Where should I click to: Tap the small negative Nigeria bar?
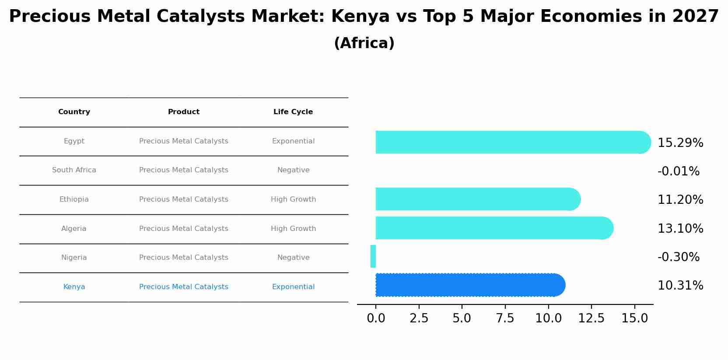point(373,256)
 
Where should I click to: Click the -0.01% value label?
point(679,171)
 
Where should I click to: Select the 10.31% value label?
point(680,286)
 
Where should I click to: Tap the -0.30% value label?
point(679,257)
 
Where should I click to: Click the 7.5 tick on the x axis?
point(505,318)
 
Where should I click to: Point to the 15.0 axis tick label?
point(634,318)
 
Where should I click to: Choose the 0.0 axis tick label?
point(376,318)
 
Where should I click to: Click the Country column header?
point(74,112)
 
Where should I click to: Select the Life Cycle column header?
point(293,112)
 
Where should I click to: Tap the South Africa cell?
point(74,170)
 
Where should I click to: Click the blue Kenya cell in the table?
point(74,287)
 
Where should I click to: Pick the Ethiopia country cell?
point(74,199)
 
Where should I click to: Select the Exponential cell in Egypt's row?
point(293,141)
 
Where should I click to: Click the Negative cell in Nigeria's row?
point(293,258)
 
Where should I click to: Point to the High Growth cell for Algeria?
point(293,229)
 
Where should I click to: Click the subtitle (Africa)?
point(364,43)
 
